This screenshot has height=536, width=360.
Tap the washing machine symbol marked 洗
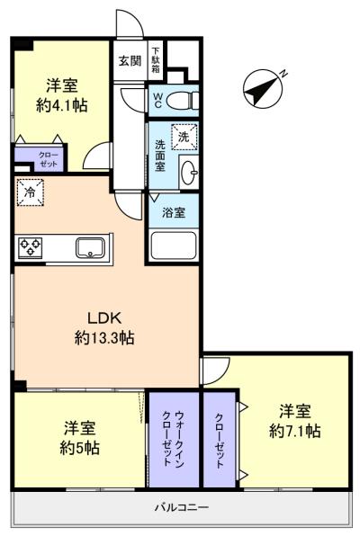tap(184, 137)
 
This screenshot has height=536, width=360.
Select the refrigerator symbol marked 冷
tap(30, 192)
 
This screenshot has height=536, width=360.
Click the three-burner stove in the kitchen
tap(30, 246)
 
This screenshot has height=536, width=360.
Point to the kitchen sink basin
tap(90, 247)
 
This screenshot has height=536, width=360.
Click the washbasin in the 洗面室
tap(189, 172)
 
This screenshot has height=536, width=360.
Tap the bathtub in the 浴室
tap(174, 246)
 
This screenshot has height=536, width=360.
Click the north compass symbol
tap(263, 89)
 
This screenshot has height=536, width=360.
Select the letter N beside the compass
tap(283, 73)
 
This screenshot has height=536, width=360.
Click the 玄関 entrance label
tap(130, 60)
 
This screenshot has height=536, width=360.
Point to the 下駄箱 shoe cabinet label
tap(156, 59)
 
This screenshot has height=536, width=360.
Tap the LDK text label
tap(104, 317)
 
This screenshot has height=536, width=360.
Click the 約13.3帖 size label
tap(104, 338)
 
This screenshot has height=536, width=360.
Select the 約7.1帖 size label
tap(294, 431)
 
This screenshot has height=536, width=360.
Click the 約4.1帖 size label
tap(61, 105)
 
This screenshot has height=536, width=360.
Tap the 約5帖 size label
tap(80, 448)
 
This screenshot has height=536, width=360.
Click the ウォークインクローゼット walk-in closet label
tap(173, 439)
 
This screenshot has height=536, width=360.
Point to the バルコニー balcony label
tap(182, 506)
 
